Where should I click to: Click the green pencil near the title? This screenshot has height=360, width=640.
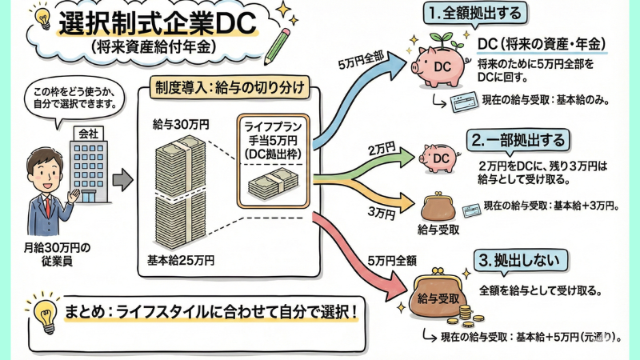pyautogui.click(x=279, y=44)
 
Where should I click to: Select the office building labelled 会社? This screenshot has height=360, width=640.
pyautogui.click(x=86, y=156)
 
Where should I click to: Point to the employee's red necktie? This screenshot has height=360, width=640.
pyautogui.click(x=48, y=207)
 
